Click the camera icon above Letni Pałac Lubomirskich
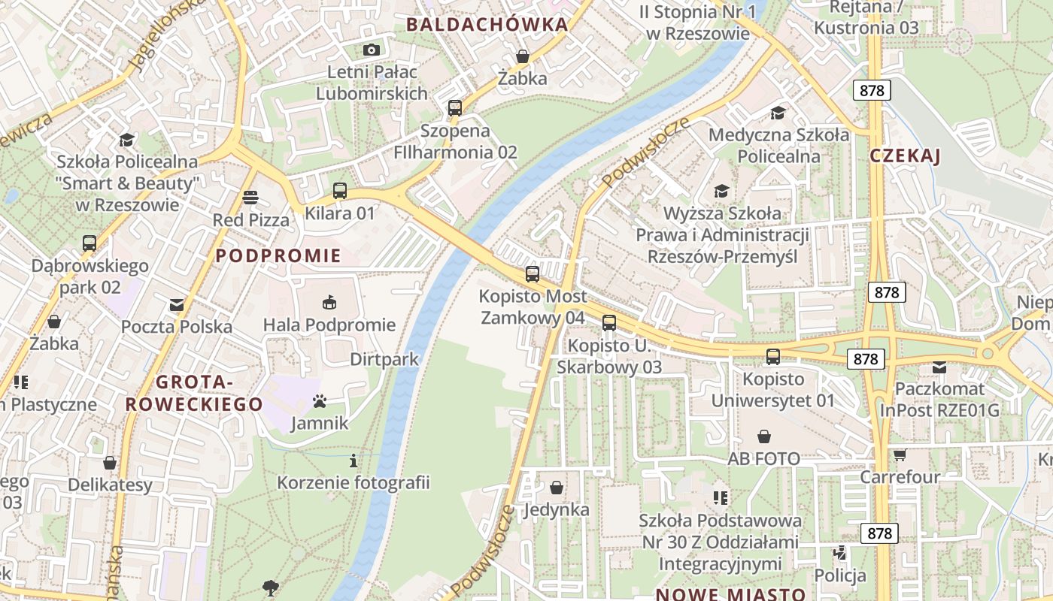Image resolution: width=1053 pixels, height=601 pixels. click(371, 50)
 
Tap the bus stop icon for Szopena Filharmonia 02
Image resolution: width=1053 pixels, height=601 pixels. click(454, 107)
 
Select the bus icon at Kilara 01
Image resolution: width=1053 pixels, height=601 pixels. click(340, 191)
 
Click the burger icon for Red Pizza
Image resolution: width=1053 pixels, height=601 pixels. click(250, 198)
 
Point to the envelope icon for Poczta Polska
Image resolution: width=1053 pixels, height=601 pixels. click(177, 304)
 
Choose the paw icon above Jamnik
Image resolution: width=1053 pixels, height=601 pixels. click(320, 401)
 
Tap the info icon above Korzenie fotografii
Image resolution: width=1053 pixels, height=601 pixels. click(354, 460)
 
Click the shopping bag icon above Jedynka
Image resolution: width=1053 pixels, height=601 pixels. click(556, 488)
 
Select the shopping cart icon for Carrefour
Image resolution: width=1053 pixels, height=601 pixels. click(900, 455)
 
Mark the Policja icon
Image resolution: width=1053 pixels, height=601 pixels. click(840, 554)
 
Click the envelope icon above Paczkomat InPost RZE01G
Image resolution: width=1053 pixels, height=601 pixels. click(939, 367)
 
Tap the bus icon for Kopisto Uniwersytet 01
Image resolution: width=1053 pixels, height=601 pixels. click(773, 357)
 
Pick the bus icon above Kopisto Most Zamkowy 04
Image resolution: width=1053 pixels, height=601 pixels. click(533, 273)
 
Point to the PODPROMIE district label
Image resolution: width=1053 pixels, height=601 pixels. click(278, 255)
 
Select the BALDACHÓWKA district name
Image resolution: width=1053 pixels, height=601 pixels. click(487, 25)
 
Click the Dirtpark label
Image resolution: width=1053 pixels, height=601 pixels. click(384, 359)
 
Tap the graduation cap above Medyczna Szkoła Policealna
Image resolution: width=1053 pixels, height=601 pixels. click(778, 113)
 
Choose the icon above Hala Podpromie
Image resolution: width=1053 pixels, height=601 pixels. click(329, 303)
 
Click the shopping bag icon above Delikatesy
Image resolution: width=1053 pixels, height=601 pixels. click(110, 463)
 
